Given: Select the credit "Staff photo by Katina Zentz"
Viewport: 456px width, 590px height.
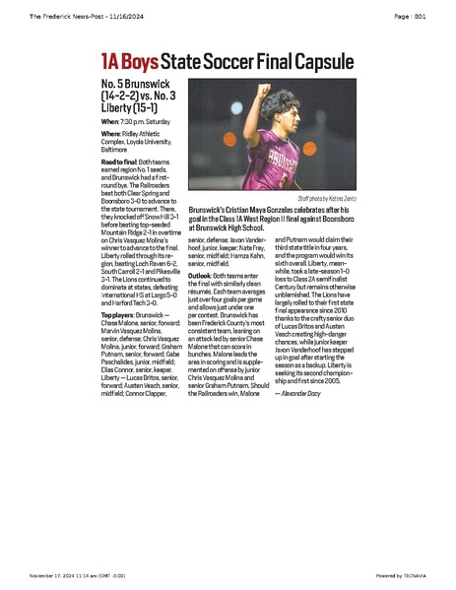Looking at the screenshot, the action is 325,198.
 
